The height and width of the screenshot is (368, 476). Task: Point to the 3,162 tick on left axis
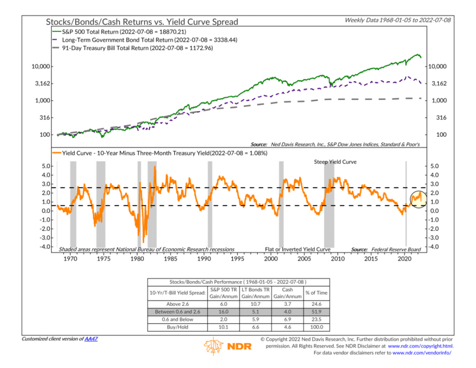[37, 84]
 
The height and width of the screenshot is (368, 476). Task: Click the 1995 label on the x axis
[237, 259]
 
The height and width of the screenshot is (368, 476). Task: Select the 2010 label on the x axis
[338, 259]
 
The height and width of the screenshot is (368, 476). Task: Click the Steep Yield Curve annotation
[332, 162]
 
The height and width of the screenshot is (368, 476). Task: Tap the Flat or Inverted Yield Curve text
[298, 249]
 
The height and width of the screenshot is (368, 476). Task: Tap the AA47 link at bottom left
[91, 339]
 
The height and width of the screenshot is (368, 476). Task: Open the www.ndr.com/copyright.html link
[425, 346]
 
